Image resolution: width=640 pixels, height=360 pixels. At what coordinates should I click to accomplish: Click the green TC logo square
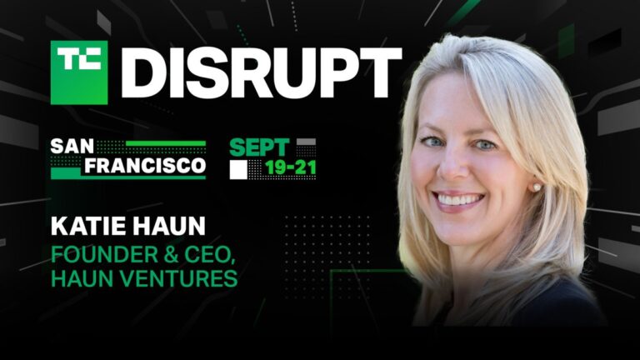79,72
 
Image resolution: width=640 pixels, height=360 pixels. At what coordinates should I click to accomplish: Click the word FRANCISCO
127,165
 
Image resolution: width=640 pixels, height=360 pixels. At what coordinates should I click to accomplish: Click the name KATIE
86,226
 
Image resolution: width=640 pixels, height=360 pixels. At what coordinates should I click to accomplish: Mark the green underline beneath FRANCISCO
127,177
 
